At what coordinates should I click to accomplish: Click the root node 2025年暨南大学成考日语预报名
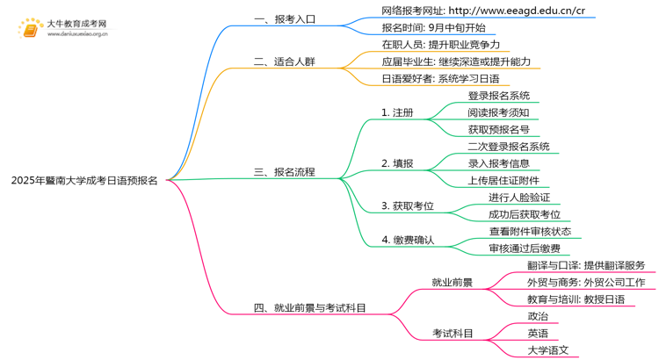tap(84, 180)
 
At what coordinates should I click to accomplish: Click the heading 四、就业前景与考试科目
tap(309, 308)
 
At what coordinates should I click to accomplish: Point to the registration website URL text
tap(483, 11)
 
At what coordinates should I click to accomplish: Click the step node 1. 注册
tap(397, 113)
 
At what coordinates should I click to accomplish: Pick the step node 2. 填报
tap(397, 163)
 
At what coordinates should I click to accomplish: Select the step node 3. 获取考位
tap(408, 206)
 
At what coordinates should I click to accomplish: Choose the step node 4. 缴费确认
tap(408, 240)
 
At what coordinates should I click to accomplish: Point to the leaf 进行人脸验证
tap(519, 198)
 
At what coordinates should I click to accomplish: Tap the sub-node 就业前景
tap(452, 283)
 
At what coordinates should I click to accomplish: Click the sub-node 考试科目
tap(452, 334)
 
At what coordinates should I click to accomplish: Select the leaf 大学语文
tap(547, 350)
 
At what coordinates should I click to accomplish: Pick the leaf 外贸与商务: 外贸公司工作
tap(586, 283)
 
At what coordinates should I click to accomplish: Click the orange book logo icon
tap(31, 29)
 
